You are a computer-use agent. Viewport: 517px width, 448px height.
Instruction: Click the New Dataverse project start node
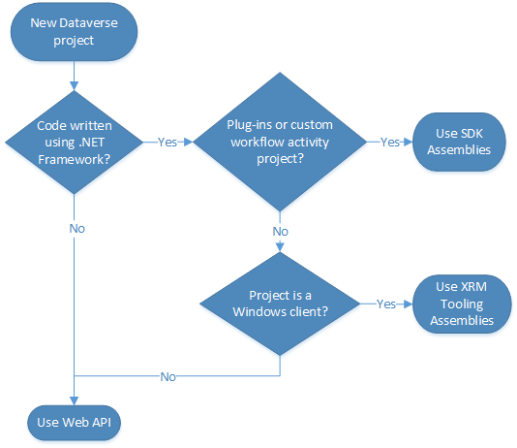[x=75, y=32]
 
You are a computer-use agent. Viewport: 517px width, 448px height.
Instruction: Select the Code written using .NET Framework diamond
[x=75, y=143]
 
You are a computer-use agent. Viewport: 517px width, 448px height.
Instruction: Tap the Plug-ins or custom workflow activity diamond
[x=280, y=142]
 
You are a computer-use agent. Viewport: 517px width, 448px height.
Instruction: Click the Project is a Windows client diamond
[x=280, y=304]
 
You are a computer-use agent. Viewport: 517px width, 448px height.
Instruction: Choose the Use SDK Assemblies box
[x=459, y=142]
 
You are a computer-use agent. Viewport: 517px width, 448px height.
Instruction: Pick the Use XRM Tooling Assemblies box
[x=462, y=304]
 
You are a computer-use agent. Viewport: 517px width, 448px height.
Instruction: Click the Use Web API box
[x=75, y=423]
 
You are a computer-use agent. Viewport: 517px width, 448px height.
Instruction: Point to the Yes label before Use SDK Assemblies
[x=390, y=143]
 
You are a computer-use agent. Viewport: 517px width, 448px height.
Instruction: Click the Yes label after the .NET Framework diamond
[x=167, y=143]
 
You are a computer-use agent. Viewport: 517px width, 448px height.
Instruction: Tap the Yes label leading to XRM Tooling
[x=385, y=304]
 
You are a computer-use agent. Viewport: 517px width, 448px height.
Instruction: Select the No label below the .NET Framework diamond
[x=77, y=229]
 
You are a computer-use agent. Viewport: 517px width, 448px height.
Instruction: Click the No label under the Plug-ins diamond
[x=280, y=232]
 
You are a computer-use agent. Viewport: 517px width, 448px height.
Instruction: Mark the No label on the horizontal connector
[x=167, y=376]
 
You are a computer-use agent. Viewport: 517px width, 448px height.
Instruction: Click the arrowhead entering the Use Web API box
[x=75, y=401]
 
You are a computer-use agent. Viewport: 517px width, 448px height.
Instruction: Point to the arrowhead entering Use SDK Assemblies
[x=409, y=142]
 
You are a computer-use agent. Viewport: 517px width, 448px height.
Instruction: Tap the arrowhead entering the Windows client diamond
[x=280, y=247]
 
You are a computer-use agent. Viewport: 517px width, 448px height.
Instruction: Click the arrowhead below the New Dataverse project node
[x=75, y=86]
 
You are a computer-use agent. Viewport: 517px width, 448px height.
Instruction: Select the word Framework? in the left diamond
[x=75, y=159]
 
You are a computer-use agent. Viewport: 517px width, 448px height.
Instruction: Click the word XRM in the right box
[x=473, y=287]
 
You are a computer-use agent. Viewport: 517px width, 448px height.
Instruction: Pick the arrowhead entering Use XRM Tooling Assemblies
[x=409, y=304]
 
